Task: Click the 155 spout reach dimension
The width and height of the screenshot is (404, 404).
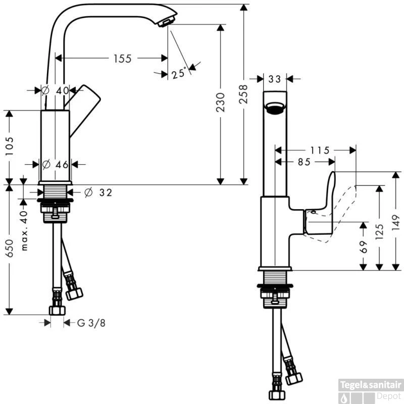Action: (122, 59)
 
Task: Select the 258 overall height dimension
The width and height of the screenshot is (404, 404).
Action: (244, 93)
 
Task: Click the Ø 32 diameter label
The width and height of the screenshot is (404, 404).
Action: (98, 192)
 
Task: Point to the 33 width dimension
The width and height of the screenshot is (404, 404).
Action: (275, 79)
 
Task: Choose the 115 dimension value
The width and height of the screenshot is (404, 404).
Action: (319, 150)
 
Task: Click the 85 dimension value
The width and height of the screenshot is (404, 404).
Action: (304, 162)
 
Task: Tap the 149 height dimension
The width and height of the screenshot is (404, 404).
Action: (395, 220)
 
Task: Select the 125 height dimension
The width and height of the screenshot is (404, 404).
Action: (379, 229)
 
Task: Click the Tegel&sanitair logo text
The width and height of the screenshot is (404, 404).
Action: (372, 384)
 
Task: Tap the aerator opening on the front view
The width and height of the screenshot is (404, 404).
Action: (275, 108)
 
